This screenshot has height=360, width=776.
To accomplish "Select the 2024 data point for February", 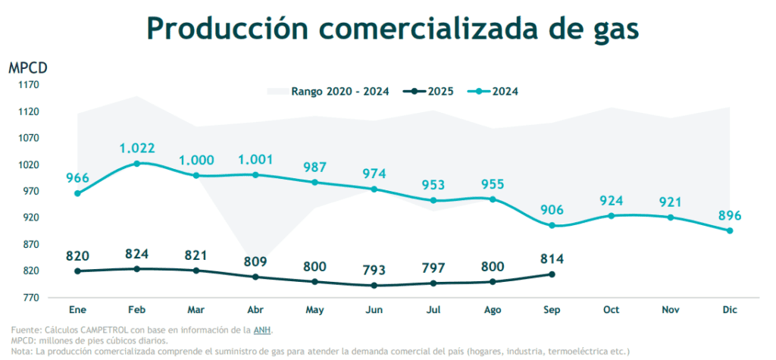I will coord(137,164).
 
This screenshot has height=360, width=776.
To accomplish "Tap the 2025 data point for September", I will coord(552,274).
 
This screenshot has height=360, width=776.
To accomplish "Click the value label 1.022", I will coord(137,149).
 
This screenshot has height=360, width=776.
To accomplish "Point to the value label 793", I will coord(374,270).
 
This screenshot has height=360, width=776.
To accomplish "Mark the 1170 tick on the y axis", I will coord(29,85).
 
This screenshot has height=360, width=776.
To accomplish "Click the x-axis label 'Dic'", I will coord(730,310).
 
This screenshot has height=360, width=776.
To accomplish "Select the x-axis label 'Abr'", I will coord(255,310).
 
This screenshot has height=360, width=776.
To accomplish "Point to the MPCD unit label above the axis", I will coord(28,67).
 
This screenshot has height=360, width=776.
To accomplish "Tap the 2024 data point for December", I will coord(730,230).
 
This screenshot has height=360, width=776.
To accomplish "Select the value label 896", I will coord(730,215).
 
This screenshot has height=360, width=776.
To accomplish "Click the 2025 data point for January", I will coord(77,271).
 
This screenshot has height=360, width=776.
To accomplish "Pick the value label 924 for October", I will coord(611,201).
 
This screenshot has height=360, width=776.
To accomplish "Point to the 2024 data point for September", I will coord(552,226).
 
